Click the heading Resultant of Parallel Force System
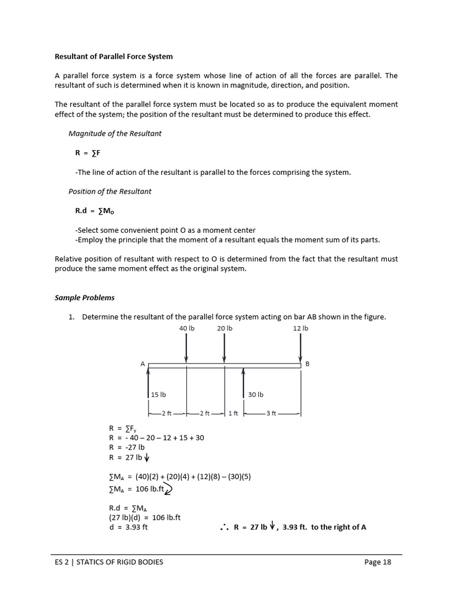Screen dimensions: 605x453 click(x=114, y=57)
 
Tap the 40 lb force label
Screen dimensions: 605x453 click(x=186, y=328)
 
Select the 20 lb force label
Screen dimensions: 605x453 click(x=224, y=328)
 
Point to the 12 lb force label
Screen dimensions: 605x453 click(x=300, y=328)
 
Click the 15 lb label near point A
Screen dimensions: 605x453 click(x=159, y=395)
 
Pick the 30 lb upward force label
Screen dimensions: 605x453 click(x=256, y=395)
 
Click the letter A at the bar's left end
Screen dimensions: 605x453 click(x=143, y=364)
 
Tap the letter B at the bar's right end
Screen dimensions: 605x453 click(x=307, y=364)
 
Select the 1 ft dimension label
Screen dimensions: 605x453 click(x=233, y=414)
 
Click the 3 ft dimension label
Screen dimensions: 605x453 click(x=271, y=414)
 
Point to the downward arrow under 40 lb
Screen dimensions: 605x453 click(x=186, y=348)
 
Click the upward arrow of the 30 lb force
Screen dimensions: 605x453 click(x=244, y=384)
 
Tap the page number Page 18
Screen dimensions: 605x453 click(x=377, y=562)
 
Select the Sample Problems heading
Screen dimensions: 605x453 click(x=84, y=298)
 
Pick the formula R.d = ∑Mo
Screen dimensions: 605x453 click(x=93, y=210)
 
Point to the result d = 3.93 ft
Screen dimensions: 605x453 click(x=129, y=527)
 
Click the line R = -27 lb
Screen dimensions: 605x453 click(x=127, y=447)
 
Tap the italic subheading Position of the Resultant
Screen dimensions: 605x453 click(x=110, y=191)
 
